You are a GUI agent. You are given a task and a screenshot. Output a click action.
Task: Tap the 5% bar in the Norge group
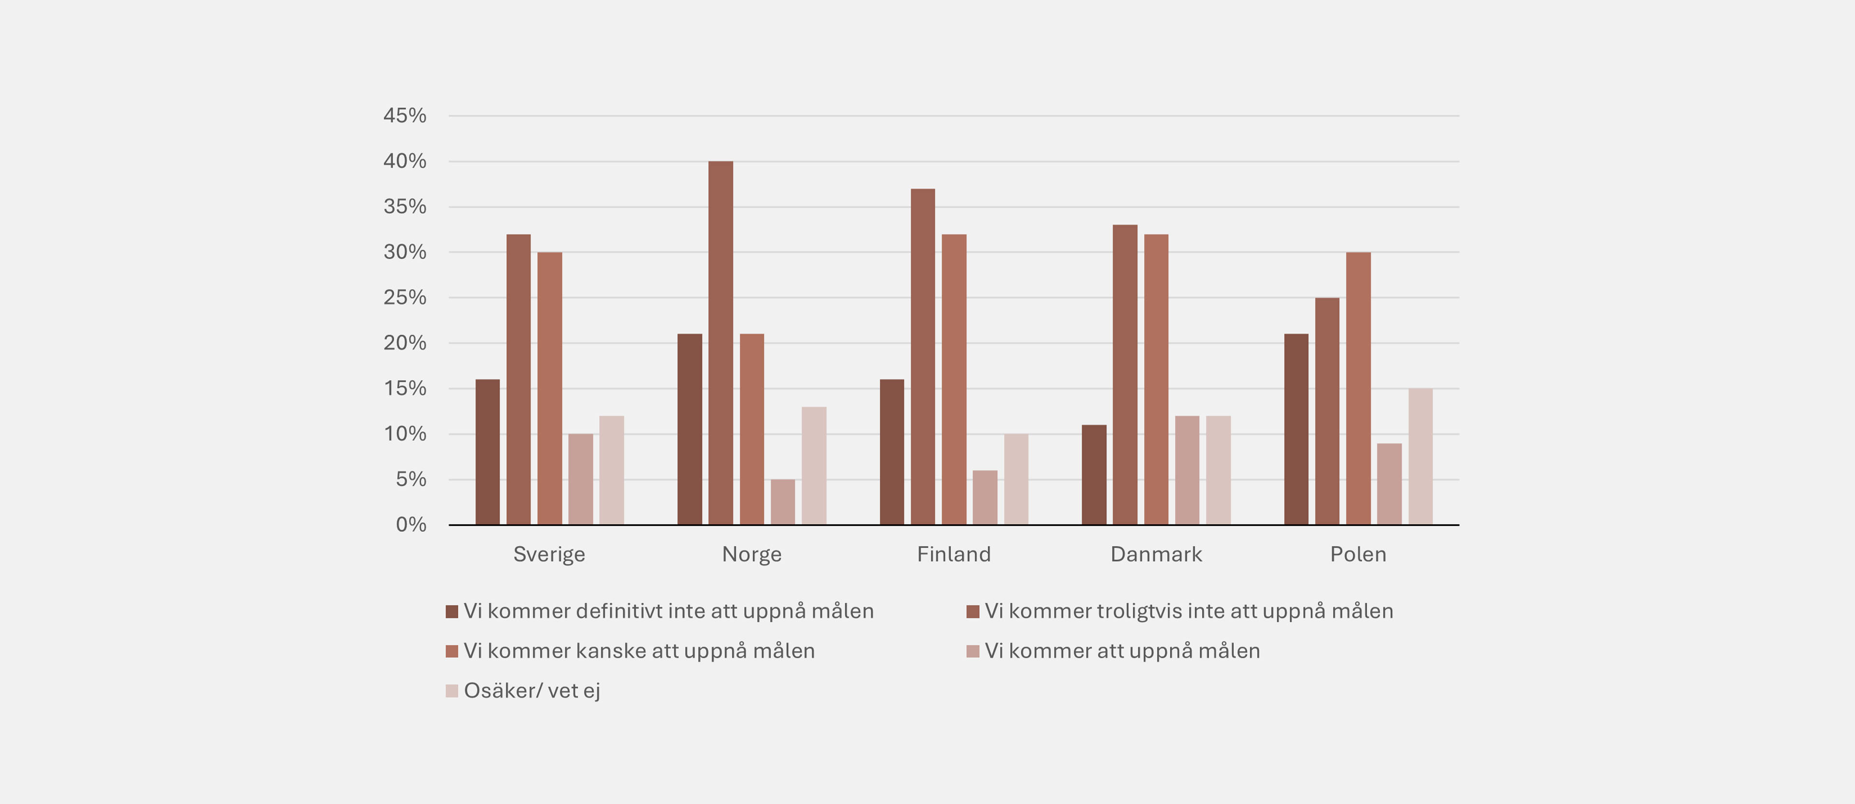pyautogui.click(x=783, y=502)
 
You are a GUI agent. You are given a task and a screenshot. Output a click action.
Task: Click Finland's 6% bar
pyautogui.click(x=985, y=497)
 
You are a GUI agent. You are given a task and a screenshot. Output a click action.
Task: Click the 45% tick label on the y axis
pyautogui.click(x=405, y=115)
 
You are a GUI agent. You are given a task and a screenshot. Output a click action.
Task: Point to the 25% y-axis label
pyautogui.click(x=405, y=297)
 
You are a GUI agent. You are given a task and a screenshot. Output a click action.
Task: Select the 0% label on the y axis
pyautogui.click(x=411, y=525)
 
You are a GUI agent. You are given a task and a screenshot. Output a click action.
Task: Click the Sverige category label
pyautogui.click(x=549, y=554)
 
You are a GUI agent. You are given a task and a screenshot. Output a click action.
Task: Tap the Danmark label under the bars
pyautogui.click(x=1156, y=554)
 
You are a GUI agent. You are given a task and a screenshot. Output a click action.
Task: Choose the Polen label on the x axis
pyautogui.click(x=1357, y=554)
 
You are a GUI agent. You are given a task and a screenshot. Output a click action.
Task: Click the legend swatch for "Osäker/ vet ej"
pyautogui.click(x=452, y=691)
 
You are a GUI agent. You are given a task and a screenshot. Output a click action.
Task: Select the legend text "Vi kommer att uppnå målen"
pyautogui.click(x=1122, y=651)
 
